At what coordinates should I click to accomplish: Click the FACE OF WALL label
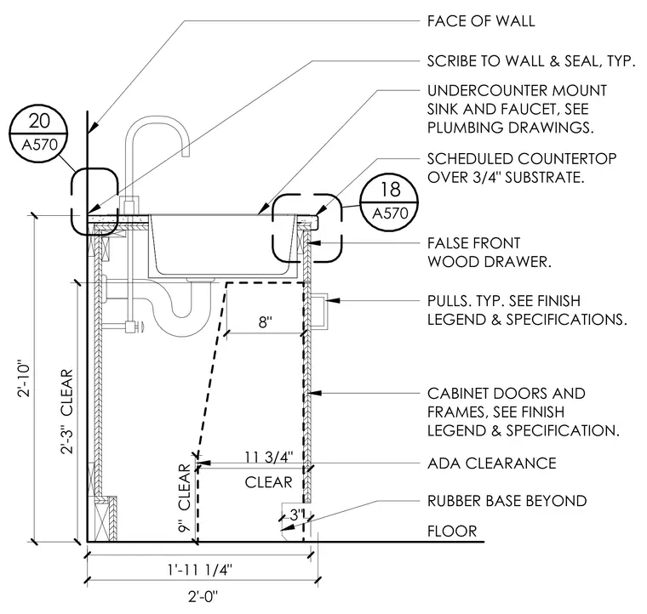click(481, 21)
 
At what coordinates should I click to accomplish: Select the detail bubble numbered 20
click(39, 134)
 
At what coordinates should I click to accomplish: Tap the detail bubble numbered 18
click(390, 202)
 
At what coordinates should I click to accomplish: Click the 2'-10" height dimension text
click(24, 379)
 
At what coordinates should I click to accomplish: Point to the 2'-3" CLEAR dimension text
click(66, 412)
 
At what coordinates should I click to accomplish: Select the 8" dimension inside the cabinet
click(266, 321)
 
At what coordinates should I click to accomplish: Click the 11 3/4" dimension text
click(269, 457)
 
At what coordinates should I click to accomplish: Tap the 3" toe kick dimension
click(296, 515)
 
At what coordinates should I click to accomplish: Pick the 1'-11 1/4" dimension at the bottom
click(200, 570)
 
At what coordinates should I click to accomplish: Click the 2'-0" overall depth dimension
click(203, 596)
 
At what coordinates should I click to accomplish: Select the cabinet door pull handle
click(319, 311)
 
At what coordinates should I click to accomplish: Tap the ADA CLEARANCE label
click(492, 463)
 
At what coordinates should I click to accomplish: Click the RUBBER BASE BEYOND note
click(507, 501)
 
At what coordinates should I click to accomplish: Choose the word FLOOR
click(452, 531)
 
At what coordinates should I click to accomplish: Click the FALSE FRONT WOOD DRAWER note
click(489, 253)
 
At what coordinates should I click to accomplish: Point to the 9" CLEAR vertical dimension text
click(184, 497)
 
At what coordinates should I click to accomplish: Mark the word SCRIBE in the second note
click(453, 61)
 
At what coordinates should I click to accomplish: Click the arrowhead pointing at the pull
click(333, 300)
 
